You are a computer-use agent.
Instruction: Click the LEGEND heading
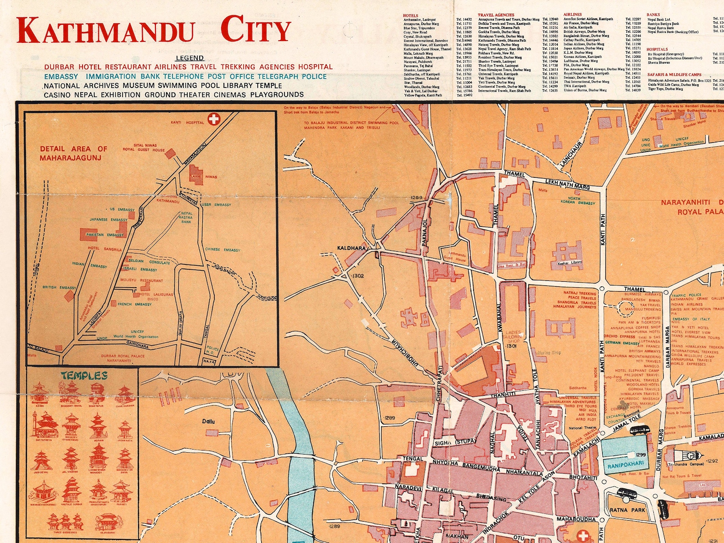click(x=190, y=58)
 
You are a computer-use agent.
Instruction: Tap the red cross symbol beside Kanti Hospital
click(x=213, y=120)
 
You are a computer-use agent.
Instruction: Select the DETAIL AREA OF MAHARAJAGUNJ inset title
click(x=73, y=153)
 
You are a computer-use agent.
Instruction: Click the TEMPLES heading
click(x=84, y=376)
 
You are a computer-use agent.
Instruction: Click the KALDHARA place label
click(x=352, y=248)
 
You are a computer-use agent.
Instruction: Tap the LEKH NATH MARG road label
click(x=568, y=184)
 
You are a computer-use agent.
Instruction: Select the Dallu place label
click(x=208, y=421)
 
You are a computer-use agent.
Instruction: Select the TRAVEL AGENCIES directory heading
click(x=496, y=15)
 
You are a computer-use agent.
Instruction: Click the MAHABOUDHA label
click(x=576, y=519)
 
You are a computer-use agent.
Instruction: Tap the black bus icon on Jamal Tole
click(x=639, y=429)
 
